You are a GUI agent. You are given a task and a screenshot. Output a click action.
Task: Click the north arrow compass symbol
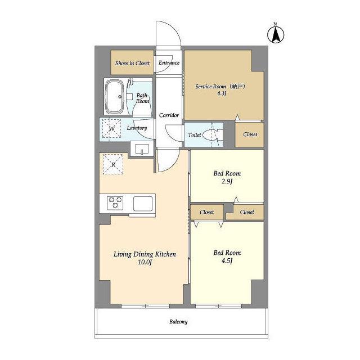[x=276, y=34]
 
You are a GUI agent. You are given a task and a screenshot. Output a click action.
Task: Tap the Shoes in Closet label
[x=132, y=63]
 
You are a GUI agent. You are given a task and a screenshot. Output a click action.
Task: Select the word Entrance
[x=169, y=62]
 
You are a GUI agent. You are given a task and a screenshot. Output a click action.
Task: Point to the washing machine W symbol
[x=111, y=129]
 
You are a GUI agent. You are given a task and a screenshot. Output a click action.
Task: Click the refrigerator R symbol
[x=113, y=164]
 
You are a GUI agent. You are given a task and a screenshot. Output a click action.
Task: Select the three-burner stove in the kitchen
[x=115, y=202]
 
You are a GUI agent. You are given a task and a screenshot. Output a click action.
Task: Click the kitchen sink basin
[x=143, y=204]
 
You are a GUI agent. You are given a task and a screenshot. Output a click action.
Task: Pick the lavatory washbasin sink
[x=142, y=149]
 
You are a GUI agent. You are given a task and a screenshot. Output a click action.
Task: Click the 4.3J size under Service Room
[x=222, y=93]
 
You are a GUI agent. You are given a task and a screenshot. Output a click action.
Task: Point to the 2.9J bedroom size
[x=227, y=181]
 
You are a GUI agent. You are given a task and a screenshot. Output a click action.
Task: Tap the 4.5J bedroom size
[x=227, y=260]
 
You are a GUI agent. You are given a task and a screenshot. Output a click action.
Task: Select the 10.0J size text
[x=145, y=262]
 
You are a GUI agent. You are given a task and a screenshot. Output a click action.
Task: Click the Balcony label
[x=178, y=322]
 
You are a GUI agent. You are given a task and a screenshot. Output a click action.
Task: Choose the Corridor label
[x=169, y=115]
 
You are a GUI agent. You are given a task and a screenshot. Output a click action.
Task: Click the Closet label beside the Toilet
[x=250, y=134]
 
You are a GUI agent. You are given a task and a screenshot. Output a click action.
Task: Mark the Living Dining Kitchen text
[x=145, y=254]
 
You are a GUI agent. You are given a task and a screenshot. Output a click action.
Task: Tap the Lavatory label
[x=137, y=128]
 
